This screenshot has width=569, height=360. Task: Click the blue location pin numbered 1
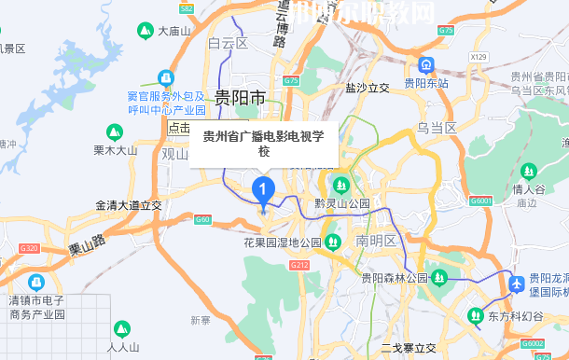(x=264, y=192)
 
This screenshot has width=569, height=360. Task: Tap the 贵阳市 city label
(x=241, y=98)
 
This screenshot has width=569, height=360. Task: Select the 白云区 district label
(x=228, y=43)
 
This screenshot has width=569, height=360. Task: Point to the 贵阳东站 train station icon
(x=426, y=65)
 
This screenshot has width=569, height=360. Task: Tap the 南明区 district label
(x=376, y=241)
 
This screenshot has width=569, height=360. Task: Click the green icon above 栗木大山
(x=115, y=132)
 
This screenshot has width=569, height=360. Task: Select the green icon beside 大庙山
(x=146, y=31)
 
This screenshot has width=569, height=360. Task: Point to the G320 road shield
(x=29, y=248)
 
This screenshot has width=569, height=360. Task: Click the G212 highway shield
(x=299, y=265)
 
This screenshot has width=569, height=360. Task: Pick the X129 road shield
(x=479, y=57)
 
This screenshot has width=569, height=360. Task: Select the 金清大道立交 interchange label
(x=129, y=204)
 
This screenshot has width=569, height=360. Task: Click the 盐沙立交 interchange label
(x=367, y=88)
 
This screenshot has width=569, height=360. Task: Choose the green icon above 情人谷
(x=528, y=173)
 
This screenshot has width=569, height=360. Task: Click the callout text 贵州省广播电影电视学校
(x=264, y=144)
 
